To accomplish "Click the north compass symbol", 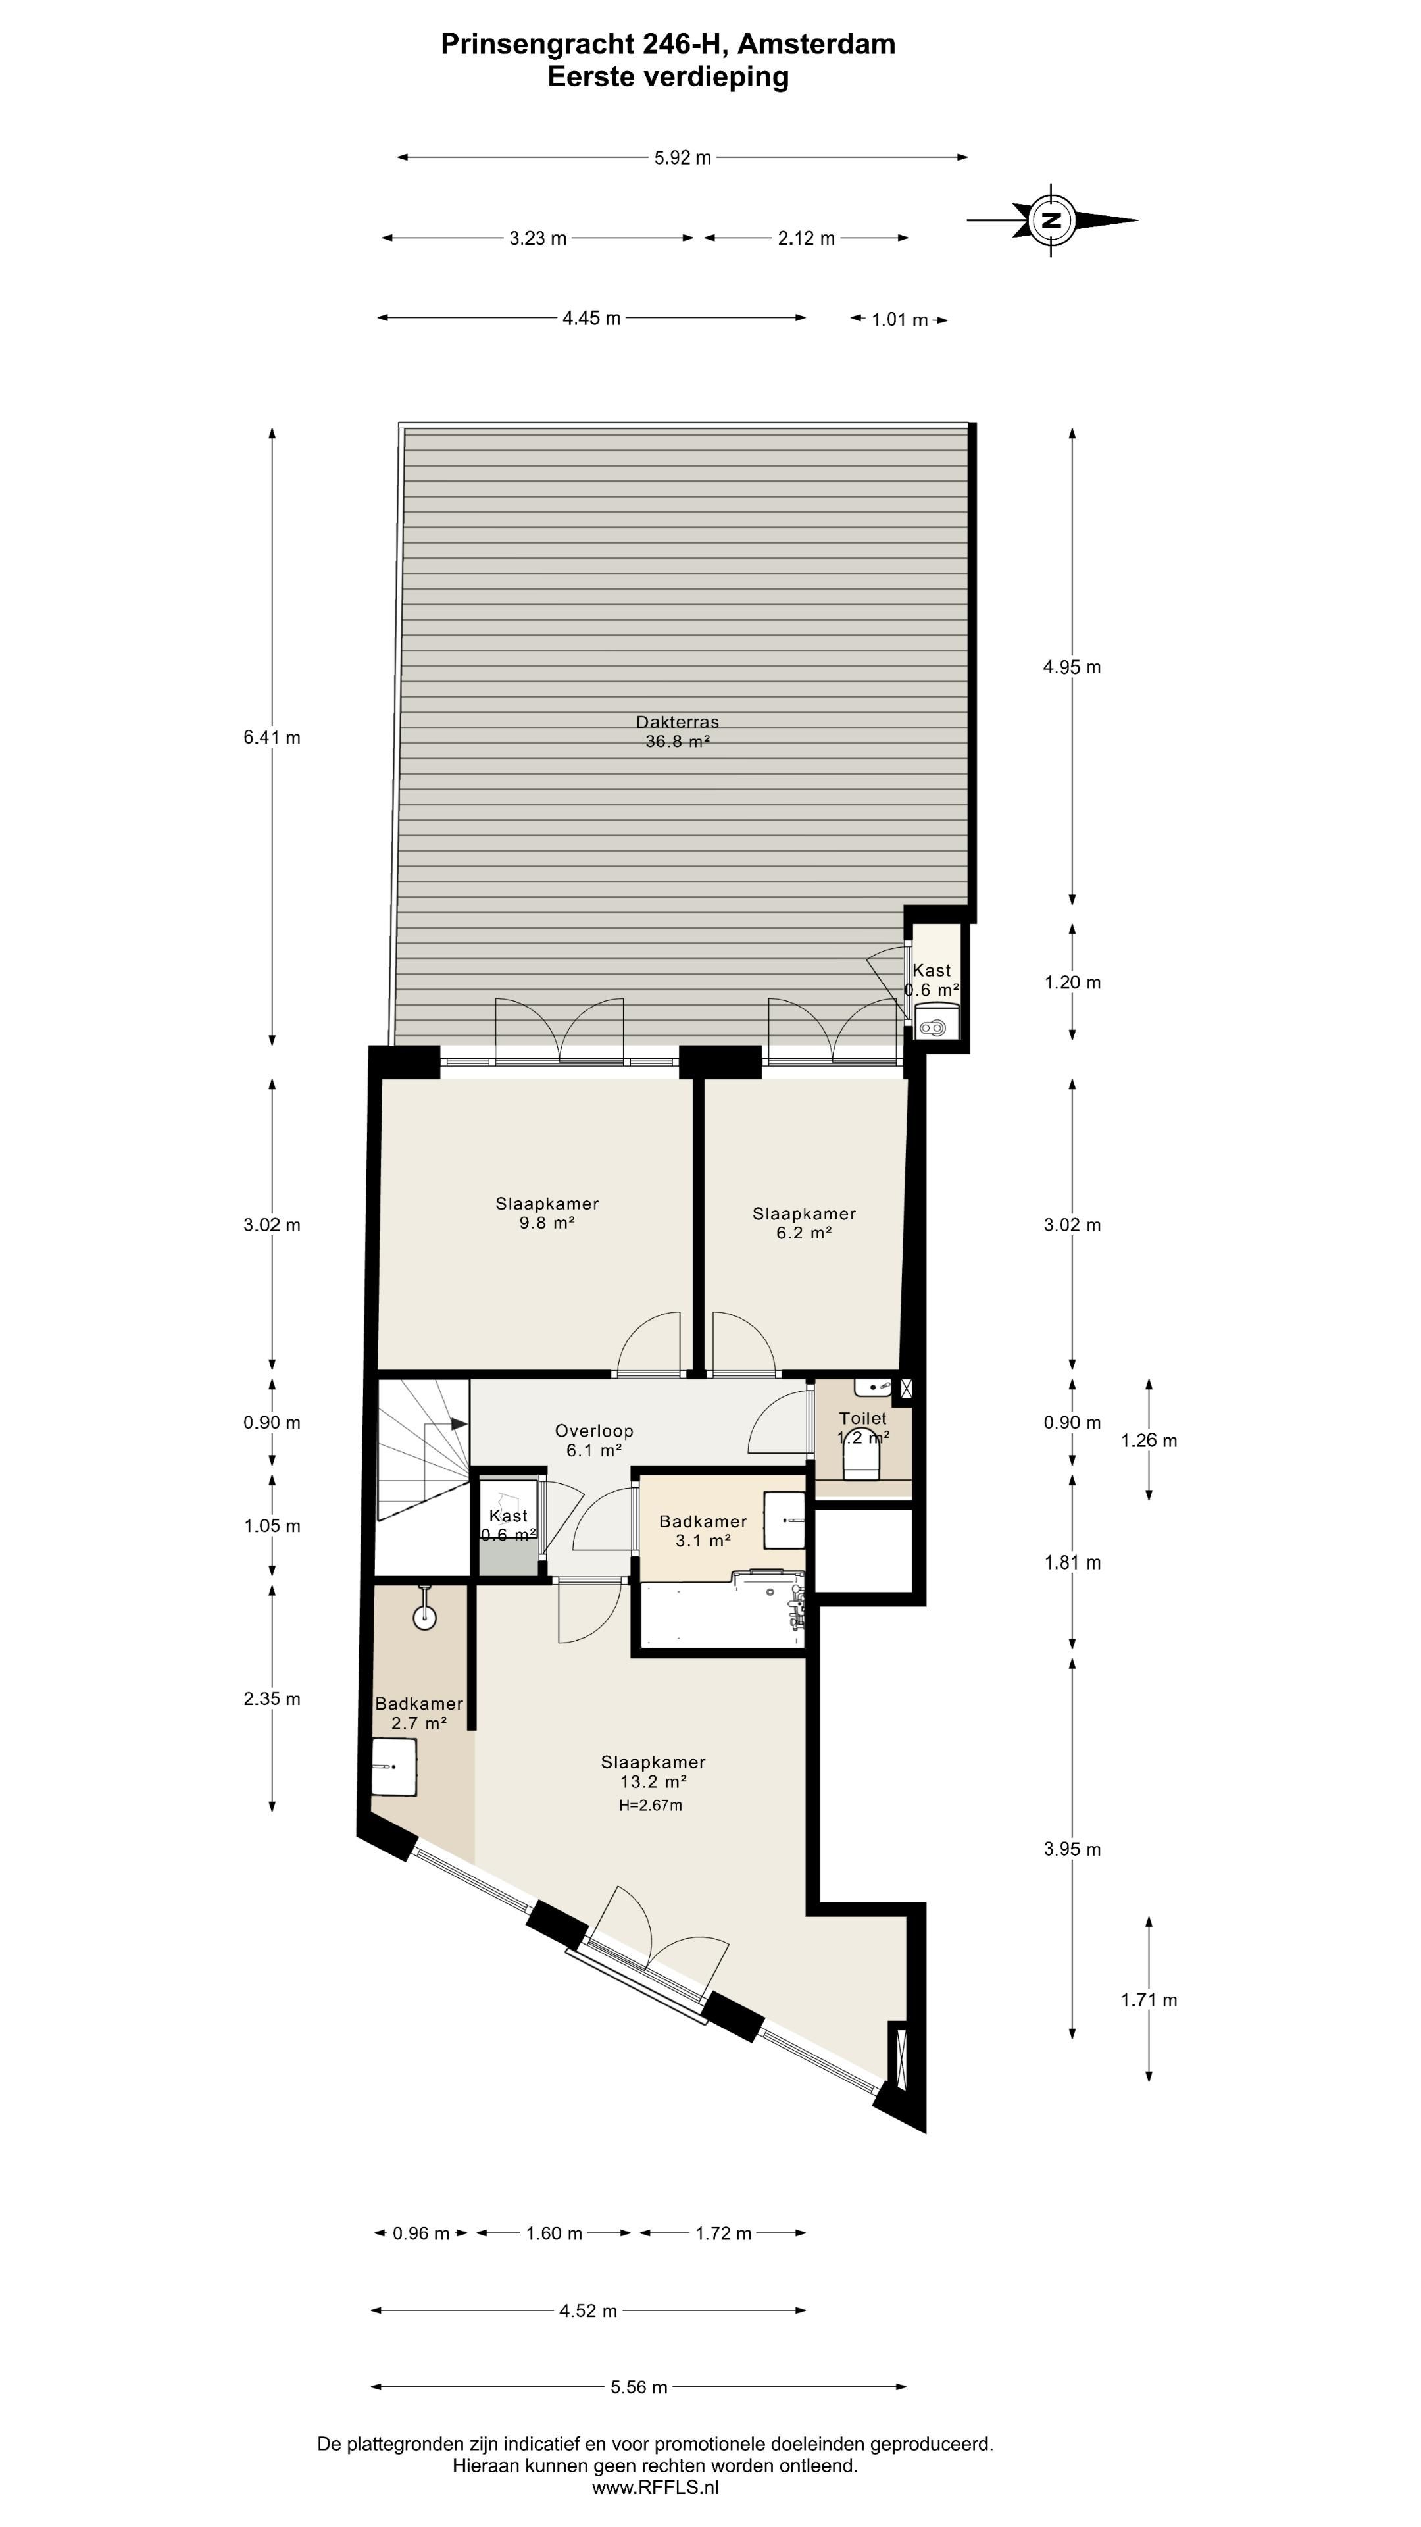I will [1051, 220].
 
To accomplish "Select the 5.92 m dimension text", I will [683, 157].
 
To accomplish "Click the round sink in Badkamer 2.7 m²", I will [424, 1616].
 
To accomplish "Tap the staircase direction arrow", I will [457, 1423].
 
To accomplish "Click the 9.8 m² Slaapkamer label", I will [546, 1212].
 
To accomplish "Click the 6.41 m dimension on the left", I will [272, 738].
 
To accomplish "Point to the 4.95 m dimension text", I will [1072, 667].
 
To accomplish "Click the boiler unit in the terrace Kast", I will [933, 1028].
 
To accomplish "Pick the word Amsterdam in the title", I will [816, 44].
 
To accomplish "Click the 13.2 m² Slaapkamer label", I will [653, 1772].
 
